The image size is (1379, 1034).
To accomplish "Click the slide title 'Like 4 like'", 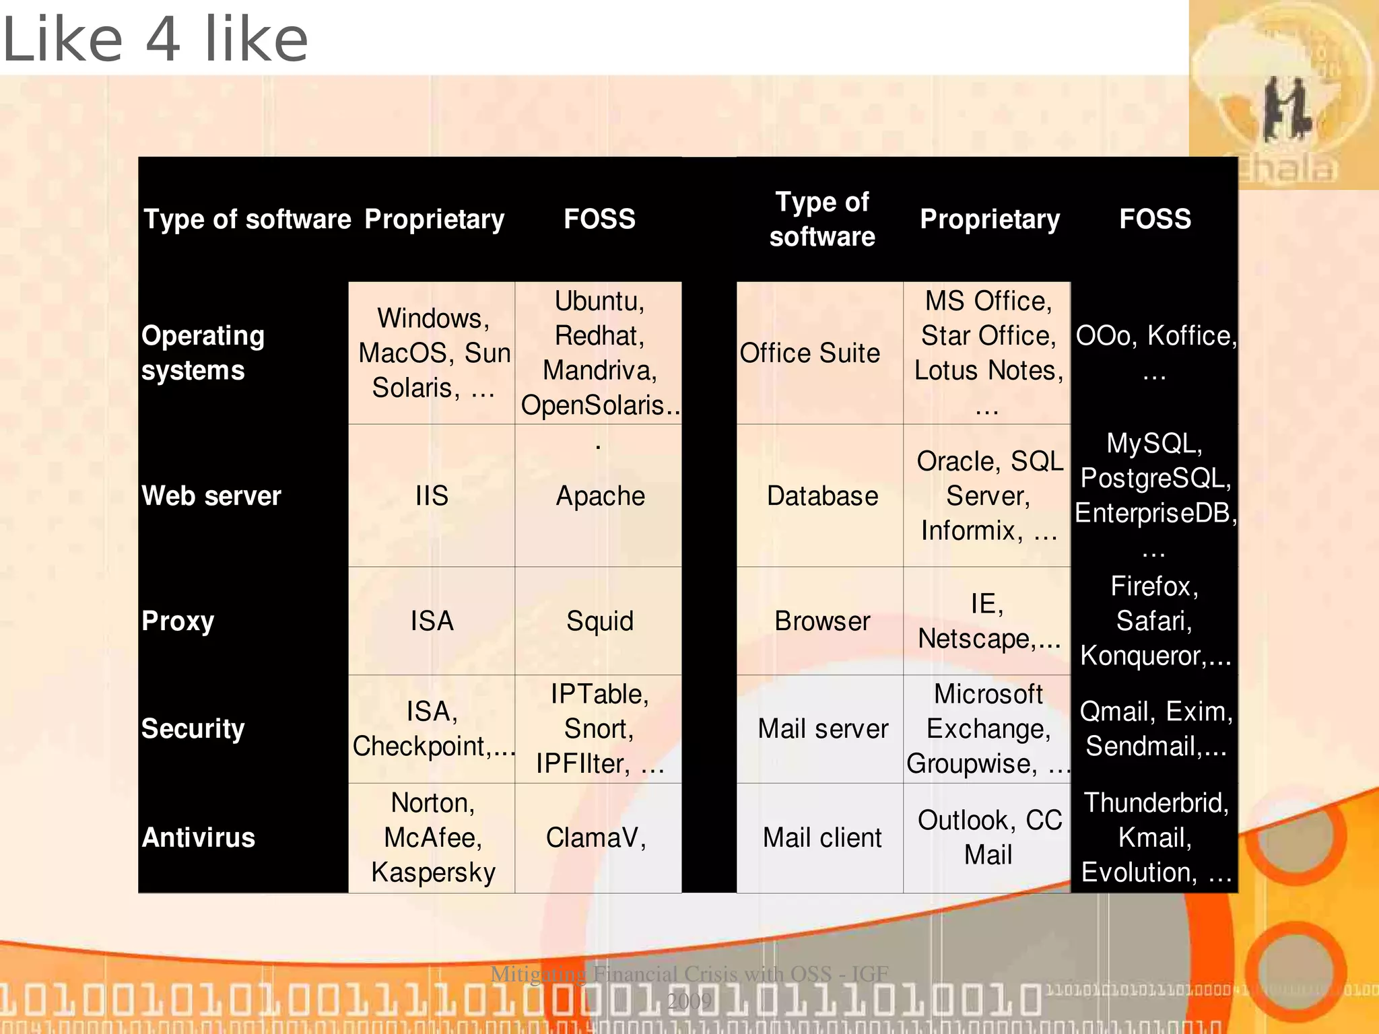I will point(155,39).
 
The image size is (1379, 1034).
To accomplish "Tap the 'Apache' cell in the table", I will point(600,496).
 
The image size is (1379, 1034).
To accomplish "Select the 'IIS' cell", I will point(432,496).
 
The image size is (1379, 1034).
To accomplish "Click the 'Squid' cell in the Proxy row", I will point(600,621).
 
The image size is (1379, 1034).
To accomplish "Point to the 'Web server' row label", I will point(211,496).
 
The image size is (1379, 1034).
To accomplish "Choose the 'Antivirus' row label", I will point(199,838).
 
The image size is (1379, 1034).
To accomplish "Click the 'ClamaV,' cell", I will point(596,838).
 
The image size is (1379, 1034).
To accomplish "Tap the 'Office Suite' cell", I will point(810,353).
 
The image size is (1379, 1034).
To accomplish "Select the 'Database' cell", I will point(822,496).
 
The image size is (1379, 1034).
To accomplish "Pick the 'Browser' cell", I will point(822,621).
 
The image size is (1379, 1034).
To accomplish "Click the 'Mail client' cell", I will point(822,838).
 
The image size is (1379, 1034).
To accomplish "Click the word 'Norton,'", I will point(433,803).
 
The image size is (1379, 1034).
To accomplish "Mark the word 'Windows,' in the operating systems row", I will point(433,318).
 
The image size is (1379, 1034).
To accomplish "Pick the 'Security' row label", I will point(193,729).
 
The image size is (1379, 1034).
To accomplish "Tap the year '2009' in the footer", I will point(689,1001).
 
